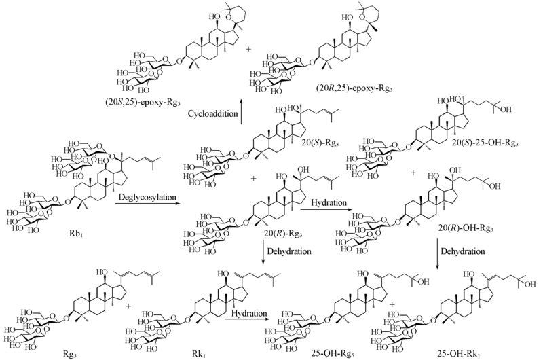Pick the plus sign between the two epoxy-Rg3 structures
[x=247, y=49]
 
